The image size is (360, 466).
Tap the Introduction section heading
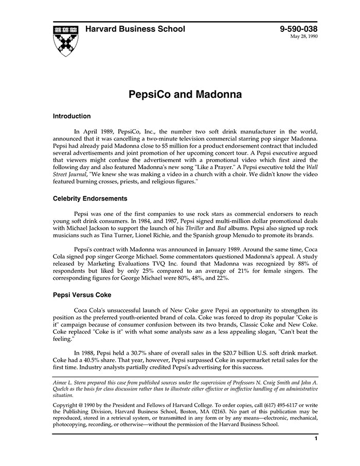(71, 116)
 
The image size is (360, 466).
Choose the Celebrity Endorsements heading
(90, 199)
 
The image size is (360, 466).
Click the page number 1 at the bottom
(315, 439)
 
